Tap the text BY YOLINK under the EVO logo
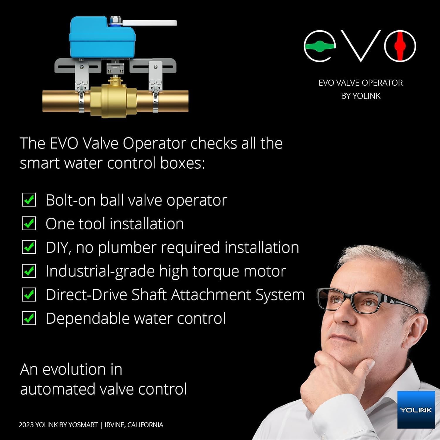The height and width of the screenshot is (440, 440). (x=361, y=96)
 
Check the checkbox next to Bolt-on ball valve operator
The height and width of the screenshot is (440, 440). (x=29, y=200)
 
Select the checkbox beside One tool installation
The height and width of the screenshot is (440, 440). (x=29, y=224)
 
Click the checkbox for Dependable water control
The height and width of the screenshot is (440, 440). (x=29, y=319)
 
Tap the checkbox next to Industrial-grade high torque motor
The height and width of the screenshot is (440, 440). (x=29, y=271)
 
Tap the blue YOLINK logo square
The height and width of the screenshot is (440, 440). (x=416, y=409)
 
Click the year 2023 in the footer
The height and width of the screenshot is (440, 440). (x=26, y=425)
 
